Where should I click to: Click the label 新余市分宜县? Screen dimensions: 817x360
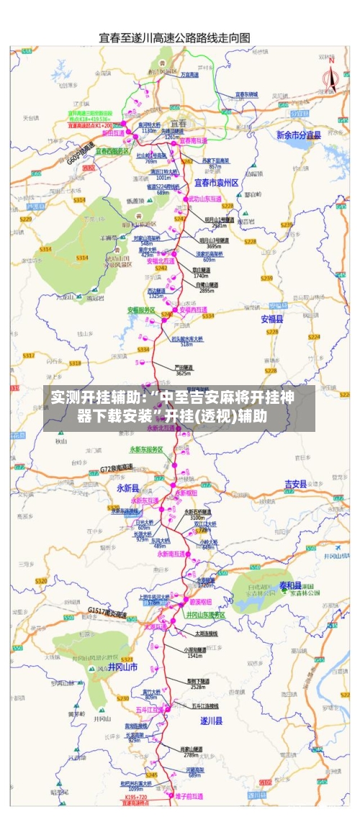click(x=298, y=135)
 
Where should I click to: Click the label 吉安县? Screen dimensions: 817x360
click(x=296, y=483)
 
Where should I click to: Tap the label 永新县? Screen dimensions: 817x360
click(x=127, y=487)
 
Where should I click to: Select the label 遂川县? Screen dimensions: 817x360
click(x=211, y=720)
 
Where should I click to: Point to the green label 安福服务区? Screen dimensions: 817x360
click(x=142, y=310)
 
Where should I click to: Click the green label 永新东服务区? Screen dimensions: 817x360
click(x=146, y=449)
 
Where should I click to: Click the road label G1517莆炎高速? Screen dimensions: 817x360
click(x=107, y=613)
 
